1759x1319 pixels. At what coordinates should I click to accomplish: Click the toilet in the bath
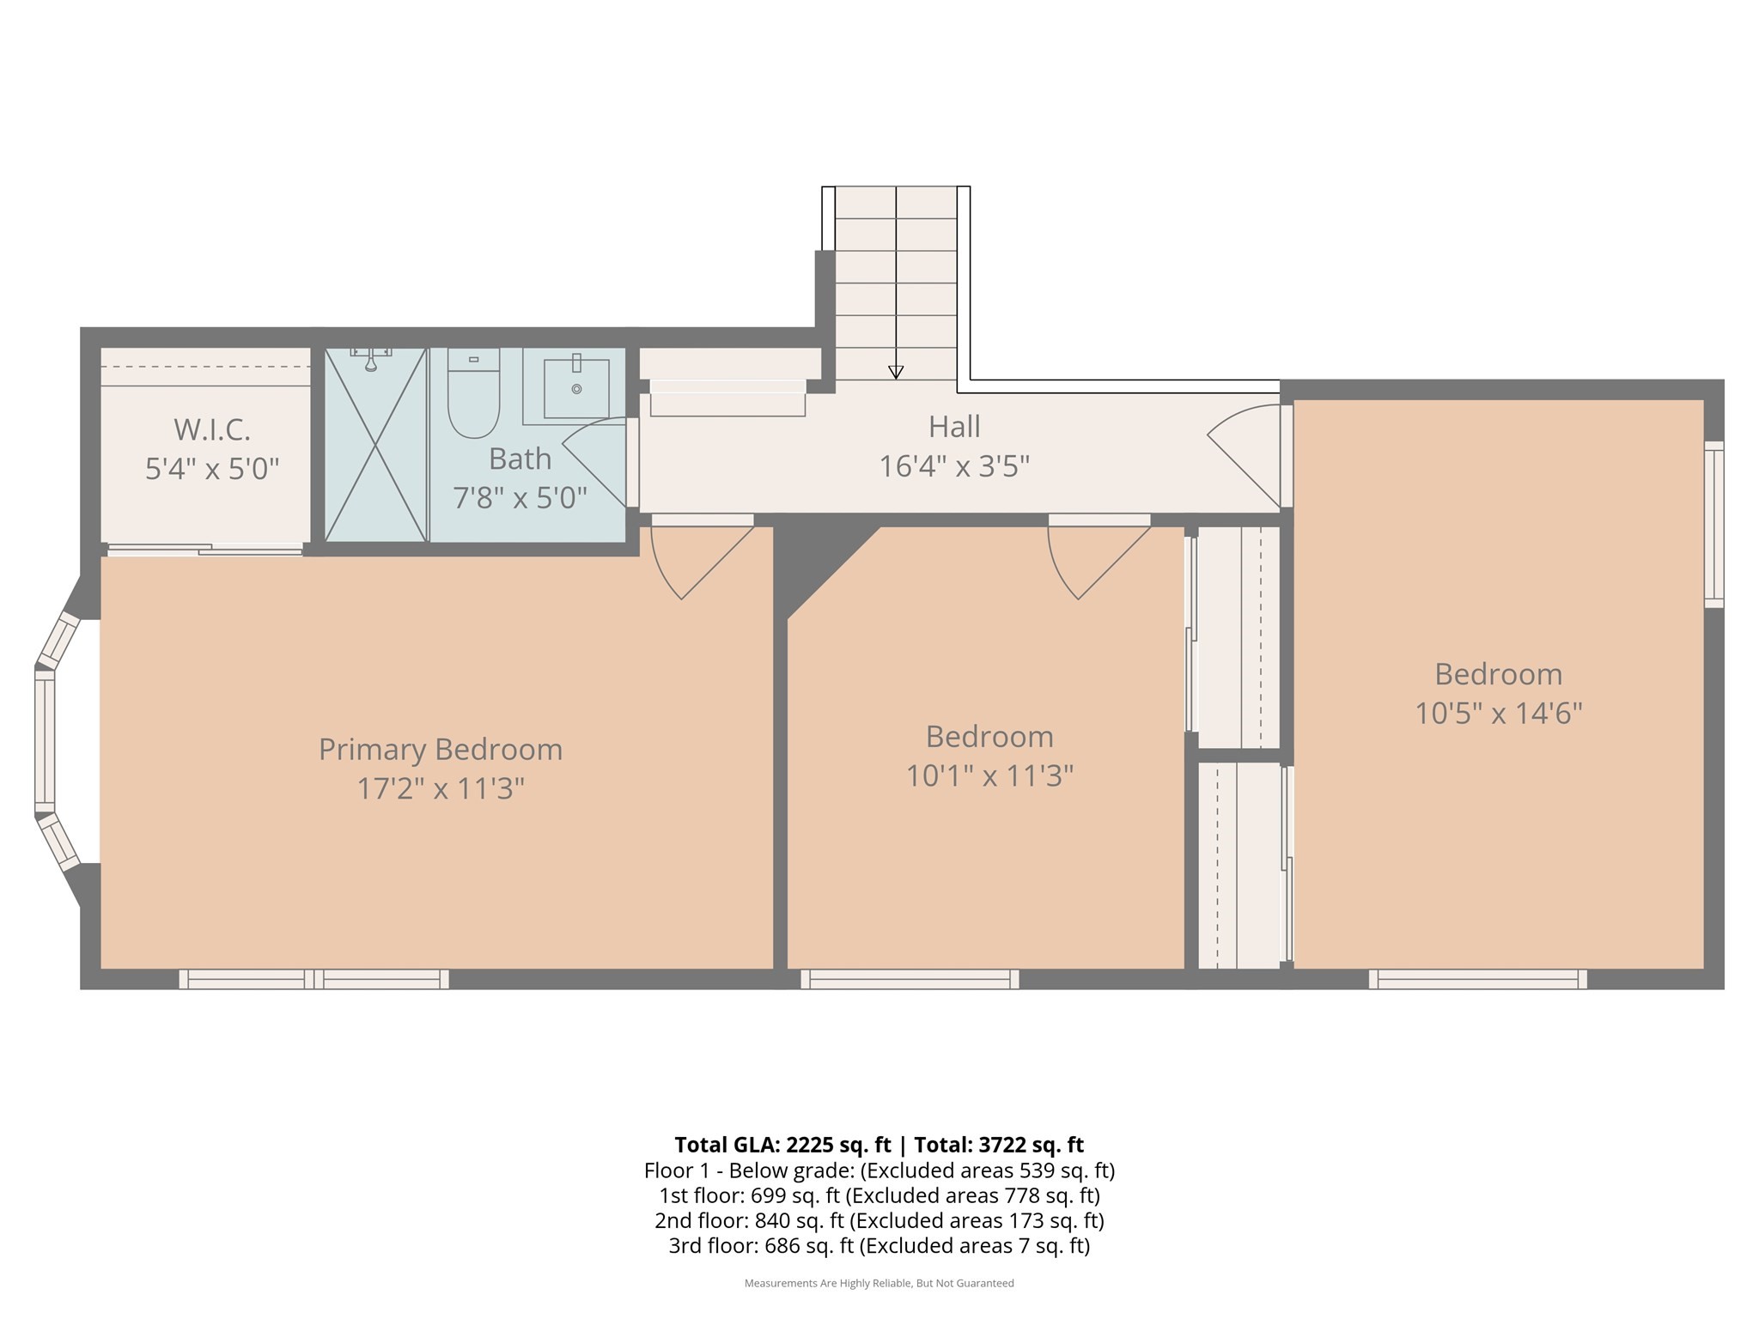pos(473,395)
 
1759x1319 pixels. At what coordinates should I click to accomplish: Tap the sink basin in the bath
pos(575,389)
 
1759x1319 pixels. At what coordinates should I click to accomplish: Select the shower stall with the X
pos(375,445)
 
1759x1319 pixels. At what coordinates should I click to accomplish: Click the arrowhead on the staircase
pos(896,372)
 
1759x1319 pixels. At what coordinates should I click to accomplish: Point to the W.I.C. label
pos(212,429)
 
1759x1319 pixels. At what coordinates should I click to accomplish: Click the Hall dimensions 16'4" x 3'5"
pos(953,466)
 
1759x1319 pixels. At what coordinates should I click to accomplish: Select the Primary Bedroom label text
pos(440,749)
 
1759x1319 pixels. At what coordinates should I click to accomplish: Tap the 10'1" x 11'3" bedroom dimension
pos(989,776)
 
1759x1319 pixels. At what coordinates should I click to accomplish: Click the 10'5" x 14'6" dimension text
pos(1498,714)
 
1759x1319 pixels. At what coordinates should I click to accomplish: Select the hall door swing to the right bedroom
pos(1245,455)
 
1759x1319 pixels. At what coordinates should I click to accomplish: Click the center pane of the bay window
pos(45,741)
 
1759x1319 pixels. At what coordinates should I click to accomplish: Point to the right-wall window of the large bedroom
pos(1713,525)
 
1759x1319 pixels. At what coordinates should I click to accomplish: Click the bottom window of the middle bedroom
pos(910,979)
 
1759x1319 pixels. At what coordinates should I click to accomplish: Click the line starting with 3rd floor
pos(879,1245)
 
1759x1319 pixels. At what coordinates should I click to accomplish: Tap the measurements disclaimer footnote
pos(879,1283)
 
